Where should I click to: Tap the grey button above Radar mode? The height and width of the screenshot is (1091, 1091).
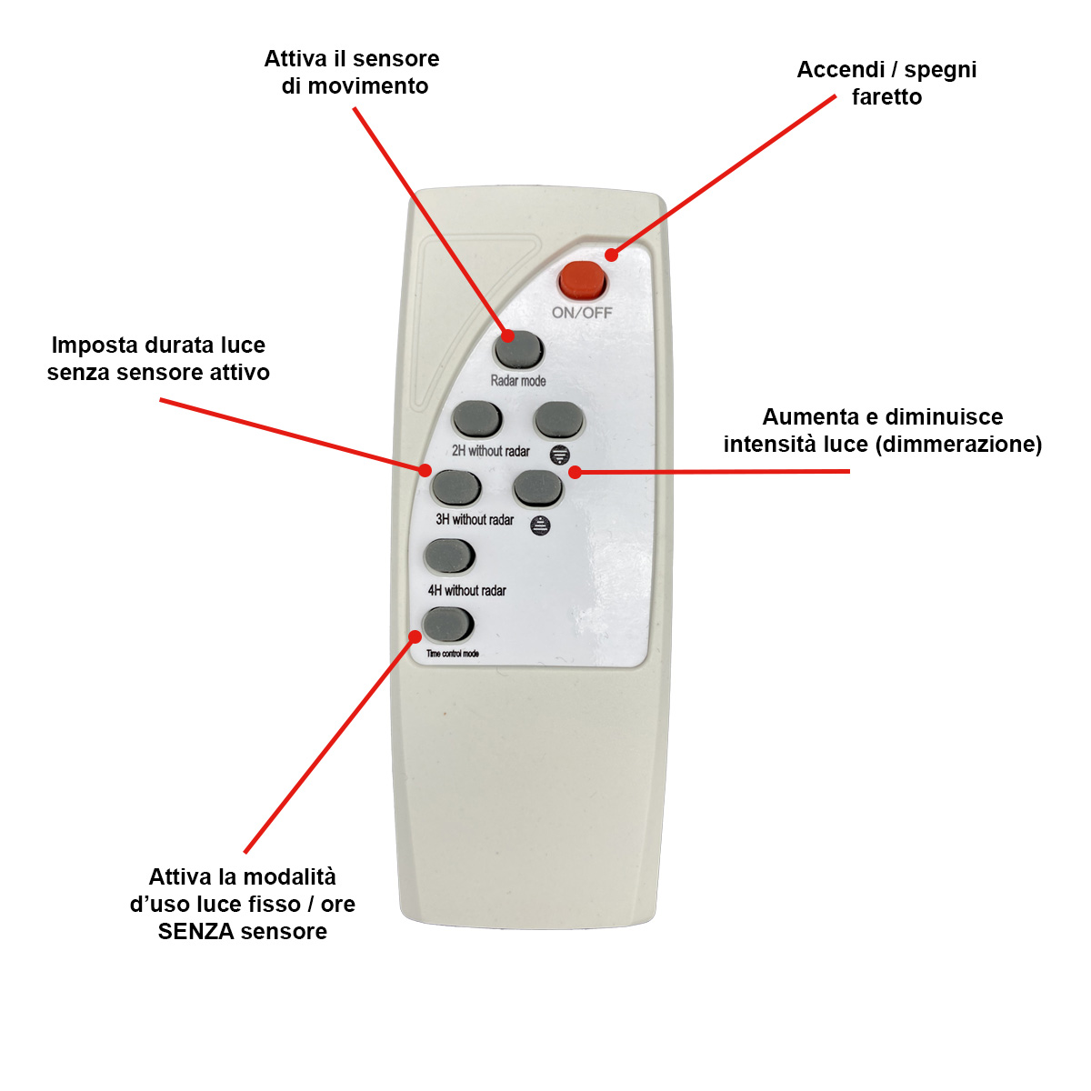click(518, 349)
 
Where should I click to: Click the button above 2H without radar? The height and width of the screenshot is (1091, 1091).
click(476, 419)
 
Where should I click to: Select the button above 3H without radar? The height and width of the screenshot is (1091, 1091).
click(455, 488)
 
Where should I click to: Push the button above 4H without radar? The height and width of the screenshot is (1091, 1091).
click(449, 557)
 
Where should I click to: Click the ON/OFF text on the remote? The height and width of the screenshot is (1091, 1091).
click(582, 313)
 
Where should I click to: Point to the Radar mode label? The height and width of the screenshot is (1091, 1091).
click(518, 381)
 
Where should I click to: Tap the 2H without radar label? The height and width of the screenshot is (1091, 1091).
click(491, 451)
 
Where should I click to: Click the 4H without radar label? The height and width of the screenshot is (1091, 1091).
click(467, 591)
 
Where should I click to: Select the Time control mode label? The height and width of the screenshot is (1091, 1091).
click(453, 654)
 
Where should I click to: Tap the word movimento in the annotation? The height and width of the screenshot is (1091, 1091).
click(368, 86)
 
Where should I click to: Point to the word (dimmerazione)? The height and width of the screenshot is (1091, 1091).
click(958, 445)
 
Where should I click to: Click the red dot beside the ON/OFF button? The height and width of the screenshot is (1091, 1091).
click(611, 255)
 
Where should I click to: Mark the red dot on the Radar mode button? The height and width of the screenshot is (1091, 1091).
click(508, 335)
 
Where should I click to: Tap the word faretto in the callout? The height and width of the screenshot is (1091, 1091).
click(886, 97)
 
